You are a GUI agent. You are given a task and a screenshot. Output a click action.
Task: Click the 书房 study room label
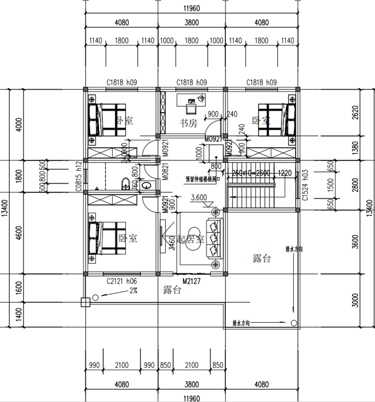pos(189,123)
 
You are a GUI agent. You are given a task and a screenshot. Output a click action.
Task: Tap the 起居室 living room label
pos(189,238)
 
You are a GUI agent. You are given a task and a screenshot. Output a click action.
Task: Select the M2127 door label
pos(191,281)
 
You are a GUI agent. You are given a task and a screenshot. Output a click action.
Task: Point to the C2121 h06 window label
pos(121,281)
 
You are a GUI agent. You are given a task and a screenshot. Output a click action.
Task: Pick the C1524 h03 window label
pos(305,188)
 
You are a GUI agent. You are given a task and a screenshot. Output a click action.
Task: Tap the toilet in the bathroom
pos(126,183)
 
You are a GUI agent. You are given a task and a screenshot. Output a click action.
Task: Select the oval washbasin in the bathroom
pos(148,186)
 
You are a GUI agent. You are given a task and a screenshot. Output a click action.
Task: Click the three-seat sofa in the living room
pos(215,238)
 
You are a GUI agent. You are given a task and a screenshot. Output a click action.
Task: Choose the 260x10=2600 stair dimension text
pos(251,173)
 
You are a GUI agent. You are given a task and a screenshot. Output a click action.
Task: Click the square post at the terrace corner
pos(85,302)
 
